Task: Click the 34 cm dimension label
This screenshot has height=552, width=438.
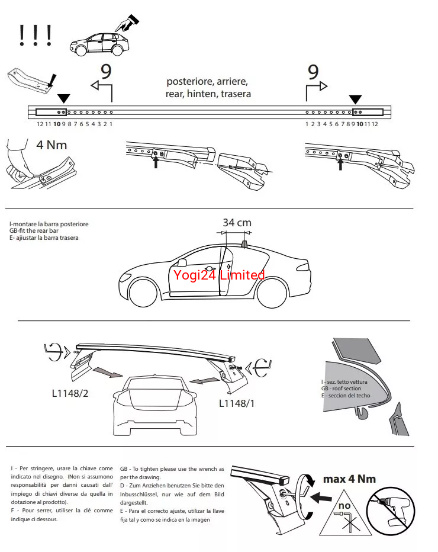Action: (237, 223)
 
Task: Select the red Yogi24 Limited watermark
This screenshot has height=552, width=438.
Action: (218, 275)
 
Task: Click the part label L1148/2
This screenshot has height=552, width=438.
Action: (70, 393)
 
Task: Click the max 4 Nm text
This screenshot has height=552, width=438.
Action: (349, 479)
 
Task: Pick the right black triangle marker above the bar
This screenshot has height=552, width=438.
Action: (355, 98)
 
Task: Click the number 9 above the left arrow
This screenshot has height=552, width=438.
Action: (106, 72)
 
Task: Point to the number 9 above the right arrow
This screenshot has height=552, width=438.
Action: (313, 72)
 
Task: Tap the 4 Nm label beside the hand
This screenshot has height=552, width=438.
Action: (52, 145)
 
